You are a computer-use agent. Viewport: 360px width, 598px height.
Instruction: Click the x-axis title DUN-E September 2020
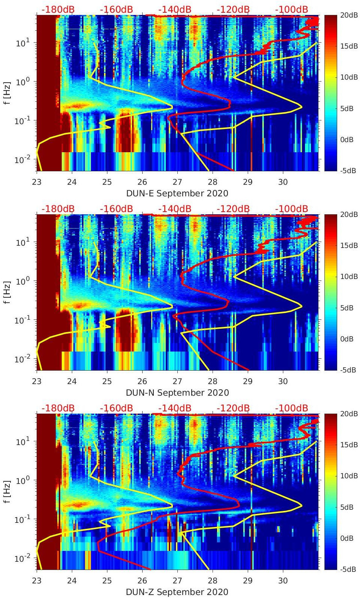[x=177, y=193]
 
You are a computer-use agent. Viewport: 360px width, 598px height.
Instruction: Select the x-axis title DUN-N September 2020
[x=177, y=393]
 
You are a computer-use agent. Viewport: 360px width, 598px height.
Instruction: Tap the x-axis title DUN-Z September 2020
[x=177, y=592]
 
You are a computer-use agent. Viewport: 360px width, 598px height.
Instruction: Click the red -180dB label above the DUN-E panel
[x=58, y=9]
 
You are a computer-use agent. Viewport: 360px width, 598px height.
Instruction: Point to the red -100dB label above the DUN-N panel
[x=292, y=209]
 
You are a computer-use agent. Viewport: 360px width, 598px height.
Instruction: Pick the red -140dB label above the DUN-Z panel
[x=175, y=408]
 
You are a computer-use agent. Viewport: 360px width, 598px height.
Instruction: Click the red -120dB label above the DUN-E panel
[x=233, y=9]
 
